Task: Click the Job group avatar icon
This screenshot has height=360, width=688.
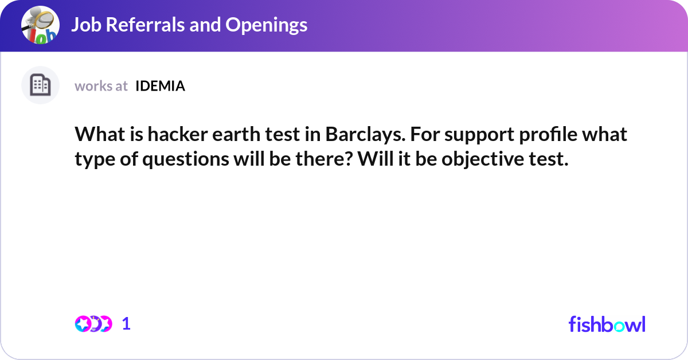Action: click(x=40, y=25)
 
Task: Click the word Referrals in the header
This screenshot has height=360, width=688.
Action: click(x=146, y=25)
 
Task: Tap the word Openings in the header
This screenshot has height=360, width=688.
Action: click(x=266, y=25)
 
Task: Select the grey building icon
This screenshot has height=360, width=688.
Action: click(x=40, y=85)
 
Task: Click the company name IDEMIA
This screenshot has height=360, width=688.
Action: click(x=160, y=86)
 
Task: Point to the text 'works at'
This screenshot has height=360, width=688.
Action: click(x=101, y=86)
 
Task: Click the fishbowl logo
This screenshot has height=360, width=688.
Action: click(x=607, y=324)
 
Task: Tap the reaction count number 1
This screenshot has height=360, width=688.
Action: click(x=126, y=324)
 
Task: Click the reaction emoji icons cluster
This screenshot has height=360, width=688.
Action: click(x=93, y=324)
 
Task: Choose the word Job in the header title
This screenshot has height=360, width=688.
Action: click(x=87, y=25)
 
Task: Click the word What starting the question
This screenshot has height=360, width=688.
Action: click(x=100, y=134)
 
